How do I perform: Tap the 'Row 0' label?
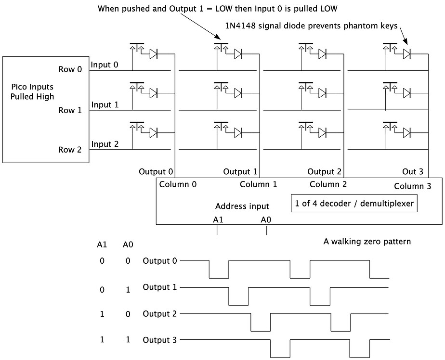pyautogui.click(x=70, y=69)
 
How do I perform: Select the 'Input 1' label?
pyautogui.click(x=105, y=105)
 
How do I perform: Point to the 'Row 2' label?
pyautogui.click(x=70, y=150)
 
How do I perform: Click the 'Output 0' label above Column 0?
pyautogui.click(x=156, y=171)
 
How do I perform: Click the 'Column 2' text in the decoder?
pyautogui.click(x=328, y=184)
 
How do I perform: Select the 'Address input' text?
pyautogui.click(x=242, y=206)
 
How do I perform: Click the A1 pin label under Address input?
pyautogui.click(x=218, y=219)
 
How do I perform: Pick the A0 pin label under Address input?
pyautogui.click(x=266, y=219)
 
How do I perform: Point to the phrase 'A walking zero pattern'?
pyautogui.click(x=367, y=241)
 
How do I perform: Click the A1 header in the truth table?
pyautogui.click(x=102, y=244)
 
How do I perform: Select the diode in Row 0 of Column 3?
pyautogui.click(x=407, y=54)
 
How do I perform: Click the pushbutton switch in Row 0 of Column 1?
pyautogui.click(x=221, y=49)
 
